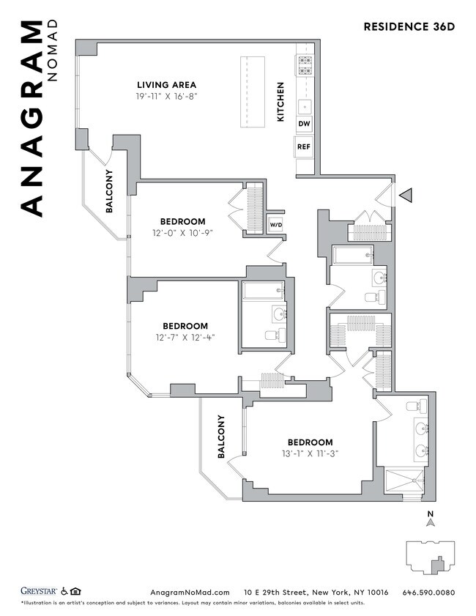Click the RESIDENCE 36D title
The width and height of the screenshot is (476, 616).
tap(409, 27)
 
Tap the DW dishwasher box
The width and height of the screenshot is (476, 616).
tap(304, 124)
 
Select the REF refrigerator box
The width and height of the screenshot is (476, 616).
tap(304, 146)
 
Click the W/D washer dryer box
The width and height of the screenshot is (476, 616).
tap(275, 225)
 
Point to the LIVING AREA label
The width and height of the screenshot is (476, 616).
tap(166, 85)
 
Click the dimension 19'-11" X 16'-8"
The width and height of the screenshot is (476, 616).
tap(166, 97)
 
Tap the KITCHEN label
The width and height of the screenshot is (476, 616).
tap(280, 101)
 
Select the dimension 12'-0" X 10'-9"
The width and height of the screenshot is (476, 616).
tap(182, 233)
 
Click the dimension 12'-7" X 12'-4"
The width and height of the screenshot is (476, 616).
tap(185, 338)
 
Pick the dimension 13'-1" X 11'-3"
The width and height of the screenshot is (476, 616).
tap(309, 453)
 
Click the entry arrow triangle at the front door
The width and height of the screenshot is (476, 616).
tap(406, 196)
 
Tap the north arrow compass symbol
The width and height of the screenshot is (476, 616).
tap(431, 521)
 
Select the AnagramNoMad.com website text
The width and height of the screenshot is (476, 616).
tap(190, 592)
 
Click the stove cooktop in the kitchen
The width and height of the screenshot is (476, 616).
tap(305, 66)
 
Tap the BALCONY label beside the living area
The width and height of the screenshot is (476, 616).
tap(109, 191)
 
